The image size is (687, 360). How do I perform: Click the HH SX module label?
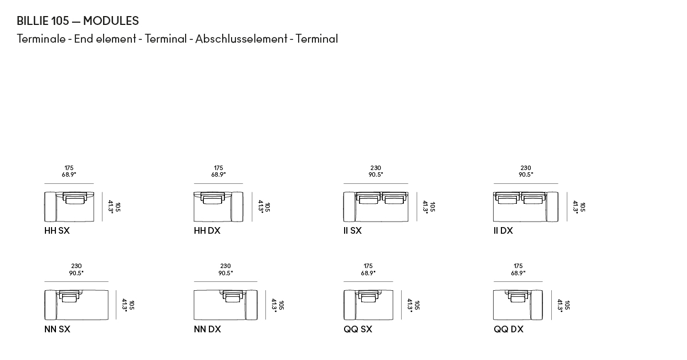click(x=57, y=230)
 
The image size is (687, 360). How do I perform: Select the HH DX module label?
click(x=207, y=230)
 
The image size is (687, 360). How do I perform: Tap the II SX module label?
click(x=352, y=230)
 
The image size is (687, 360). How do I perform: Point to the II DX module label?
click(x=503, y=230)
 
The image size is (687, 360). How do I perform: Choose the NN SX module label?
click(x=58, y=329)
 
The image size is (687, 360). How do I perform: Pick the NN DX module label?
click(x=207, y=329)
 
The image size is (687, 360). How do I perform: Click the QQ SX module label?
click(x=358, y=329)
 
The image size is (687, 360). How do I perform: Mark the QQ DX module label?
click(x=509, y=329)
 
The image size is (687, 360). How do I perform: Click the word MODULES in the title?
click(x=111, y=20)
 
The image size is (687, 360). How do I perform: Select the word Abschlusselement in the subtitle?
click(x=242, y=39)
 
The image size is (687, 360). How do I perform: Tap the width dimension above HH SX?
click(x=69, y=171)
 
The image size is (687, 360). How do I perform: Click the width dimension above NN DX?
click(x=225, y=269)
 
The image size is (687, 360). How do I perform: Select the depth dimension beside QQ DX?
click(x=563, y=305)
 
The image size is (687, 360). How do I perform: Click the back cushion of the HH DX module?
click(x=212, y=198)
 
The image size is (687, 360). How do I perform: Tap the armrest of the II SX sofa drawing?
click(x=350, y=207)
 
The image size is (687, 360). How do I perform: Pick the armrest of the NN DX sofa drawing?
click(x=251, y=305)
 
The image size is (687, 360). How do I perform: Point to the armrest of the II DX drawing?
click(x=552, y=207)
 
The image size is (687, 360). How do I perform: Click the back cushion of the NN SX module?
click(x=69, y=296)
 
